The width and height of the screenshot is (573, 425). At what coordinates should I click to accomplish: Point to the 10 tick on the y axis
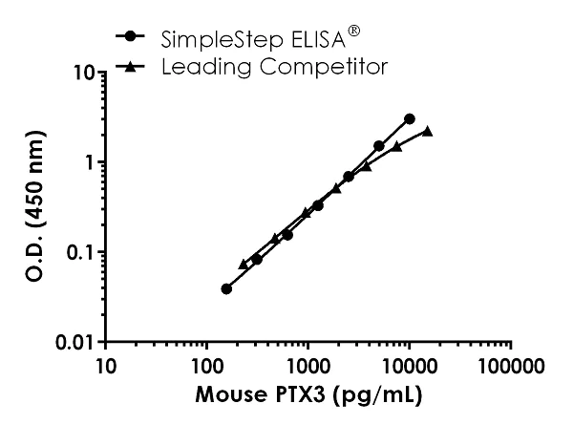(82, 73)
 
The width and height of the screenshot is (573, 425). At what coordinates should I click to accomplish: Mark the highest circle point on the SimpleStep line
(410, 118)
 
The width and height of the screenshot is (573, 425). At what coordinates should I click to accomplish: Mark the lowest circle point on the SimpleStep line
(226, 288)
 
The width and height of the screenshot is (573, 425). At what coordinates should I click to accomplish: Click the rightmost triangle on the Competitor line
(427, 131)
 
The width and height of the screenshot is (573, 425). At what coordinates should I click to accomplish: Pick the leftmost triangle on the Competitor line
(244, 264)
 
